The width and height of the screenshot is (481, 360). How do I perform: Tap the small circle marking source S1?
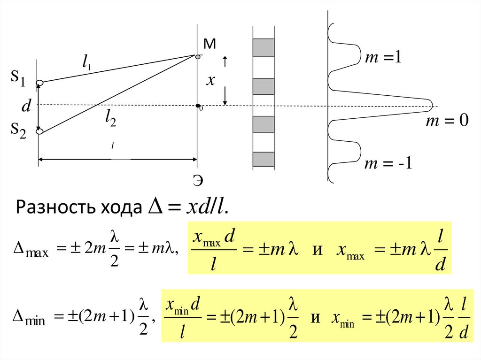coord(40,83)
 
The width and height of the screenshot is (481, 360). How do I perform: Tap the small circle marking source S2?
coord(39,132)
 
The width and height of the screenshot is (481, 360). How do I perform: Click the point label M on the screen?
coord(209,44)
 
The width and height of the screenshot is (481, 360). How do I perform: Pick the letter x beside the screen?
coord(211,81)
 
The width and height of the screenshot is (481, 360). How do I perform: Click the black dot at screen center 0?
coord(198,106)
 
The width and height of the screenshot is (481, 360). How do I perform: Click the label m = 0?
coord(447,121)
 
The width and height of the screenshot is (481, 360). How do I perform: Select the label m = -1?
coord(388,164)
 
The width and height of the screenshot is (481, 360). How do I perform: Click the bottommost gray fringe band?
coord(264,160)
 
